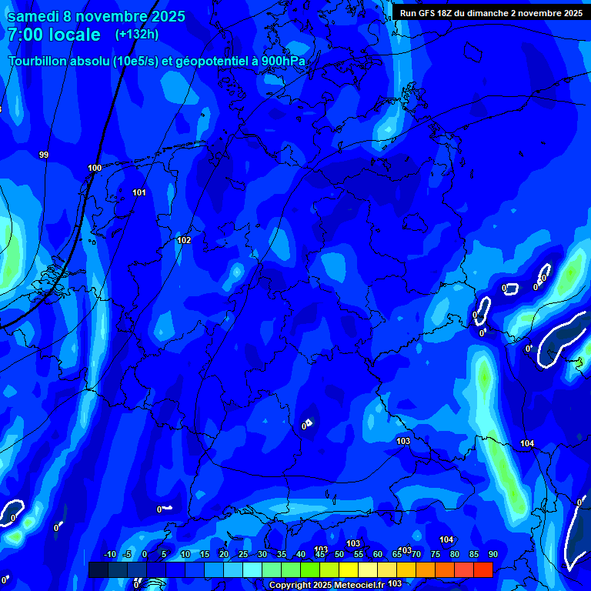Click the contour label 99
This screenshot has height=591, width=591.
(44, 155)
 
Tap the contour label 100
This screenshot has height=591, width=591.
(95, 168)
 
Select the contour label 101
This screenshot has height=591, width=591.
(139, 192)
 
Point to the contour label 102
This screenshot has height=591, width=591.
(184, 240)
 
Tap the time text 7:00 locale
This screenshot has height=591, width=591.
(54, 35)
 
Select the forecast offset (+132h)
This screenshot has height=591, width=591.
(137, 34)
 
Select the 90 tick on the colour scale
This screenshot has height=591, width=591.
(492, 555)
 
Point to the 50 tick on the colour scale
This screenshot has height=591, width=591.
(339, 555)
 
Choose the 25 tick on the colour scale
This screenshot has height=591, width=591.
(243, 555)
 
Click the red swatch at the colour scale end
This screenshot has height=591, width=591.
(482, 569)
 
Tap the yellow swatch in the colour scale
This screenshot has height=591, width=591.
(349, 569)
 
